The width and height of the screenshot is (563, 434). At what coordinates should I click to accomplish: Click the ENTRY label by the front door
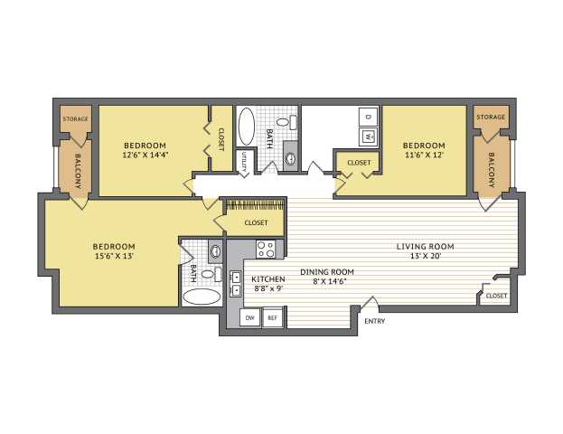point(374,321)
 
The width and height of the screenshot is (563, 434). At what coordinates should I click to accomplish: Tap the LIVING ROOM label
point(425,247)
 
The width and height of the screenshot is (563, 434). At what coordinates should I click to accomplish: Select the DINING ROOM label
point(327,272)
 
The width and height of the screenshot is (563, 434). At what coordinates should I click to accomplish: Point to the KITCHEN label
point(268,279)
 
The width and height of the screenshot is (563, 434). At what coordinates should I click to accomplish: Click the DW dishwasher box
point(250,317)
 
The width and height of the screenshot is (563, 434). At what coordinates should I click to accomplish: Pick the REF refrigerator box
point(273,317)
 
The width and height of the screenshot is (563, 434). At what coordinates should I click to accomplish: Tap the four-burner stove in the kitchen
point(266,249)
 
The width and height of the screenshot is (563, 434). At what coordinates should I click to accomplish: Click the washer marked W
point(368,137)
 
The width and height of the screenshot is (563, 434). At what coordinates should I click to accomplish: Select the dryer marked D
point(368,117)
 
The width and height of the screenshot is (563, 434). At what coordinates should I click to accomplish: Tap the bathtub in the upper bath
point(247,126)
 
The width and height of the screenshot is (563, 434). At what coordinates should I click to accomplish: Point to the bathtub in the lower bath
point(202,297)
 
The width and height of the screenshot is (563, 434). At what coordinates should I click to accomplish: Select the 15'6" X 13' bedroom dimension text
point(114,256)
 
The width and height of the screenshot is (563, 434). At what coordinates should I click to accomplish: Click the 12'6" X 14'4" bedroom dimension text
point(145,156)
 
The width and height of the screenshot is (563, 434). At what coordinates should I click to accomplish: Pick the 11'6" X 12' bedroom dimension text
point(424,156)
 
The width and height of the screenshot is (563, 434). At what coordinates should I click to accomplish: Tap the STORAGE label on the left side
point(75,119)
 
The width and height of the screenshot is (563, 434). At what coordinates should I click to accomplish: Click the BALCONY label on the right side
point(492,170)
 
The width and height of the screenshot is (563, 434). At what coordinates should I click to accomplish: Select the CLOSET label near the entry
point(496,296)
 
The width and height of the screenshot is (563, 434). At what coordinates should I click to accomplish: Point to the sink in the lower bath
point(215,251)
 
